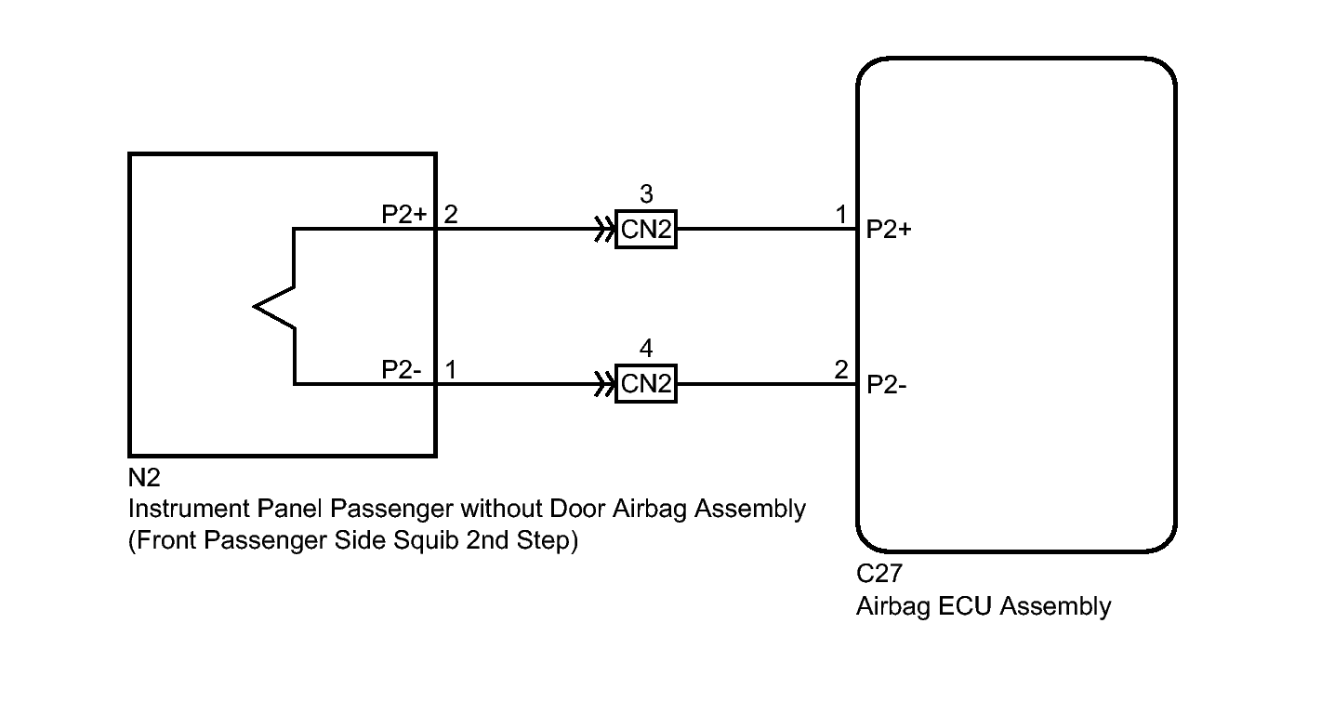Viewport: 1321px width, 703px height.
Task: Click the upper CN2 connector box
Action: (646, 229)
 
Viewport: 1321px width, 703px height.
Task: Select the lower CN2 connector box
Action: (646, 384)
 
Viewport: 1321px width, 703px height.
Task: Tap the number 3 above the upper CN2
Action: (646, 194)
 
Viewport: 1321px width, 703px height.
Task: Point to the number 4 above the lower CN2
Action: (646, 349)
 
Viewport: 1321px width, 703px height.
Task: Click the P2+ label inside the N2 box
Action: (404, 214)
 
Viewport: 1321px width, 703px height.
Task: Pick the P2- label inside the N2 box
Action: (402, 370)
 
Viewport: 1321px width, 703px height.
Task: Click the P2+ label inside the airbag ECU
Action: (889, 230)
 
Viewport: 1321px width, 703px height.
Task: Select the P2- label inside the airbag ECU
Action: (886, 385)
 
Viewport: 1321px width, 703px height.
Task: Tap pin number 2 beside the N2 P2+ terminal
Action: (451, 214)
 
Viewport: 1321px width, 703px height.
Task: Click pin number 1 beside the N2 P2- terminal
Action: (451, 370)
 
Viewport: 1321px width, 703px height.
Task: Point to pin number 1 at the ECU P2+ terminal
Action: (841, 214)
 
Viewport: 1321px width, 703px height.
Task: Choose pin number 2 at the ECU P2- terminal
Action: (841, 370)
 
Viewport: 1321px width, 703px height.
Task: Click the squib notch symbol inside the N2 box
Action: (275, 307)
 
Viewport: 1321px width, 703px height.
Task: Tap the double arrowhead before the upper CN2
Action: (604, 229)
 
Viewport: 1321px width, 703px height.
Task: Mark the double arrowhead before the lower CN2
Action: (604, 384)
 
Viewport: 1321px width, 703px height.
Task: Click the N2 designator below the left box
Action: (144, 478)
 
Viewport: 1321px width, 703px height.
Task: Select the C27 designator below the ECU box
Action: (879, 573)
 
